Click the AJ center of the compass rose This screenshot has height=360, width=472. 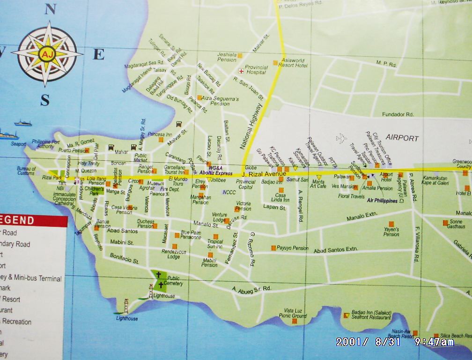point(46,54)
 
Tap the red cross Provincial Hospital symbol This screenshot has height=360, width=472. point(242,71)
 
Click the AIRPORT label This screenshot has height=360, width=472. point(402,138)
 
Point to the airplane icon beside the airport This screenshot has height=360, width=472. point(342,138)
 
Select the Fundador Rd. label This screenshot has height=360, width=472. point(398,114)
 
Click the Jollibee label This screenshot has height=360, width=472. point(218,180)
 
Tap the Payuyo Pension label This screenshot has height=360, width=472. point(292,248)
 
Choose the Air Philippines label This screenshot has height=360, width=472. point(382,201)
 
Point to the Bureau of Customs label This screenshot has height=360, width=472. point(26,171)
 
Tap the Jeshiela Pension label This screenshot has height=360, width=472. point(227,57)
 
